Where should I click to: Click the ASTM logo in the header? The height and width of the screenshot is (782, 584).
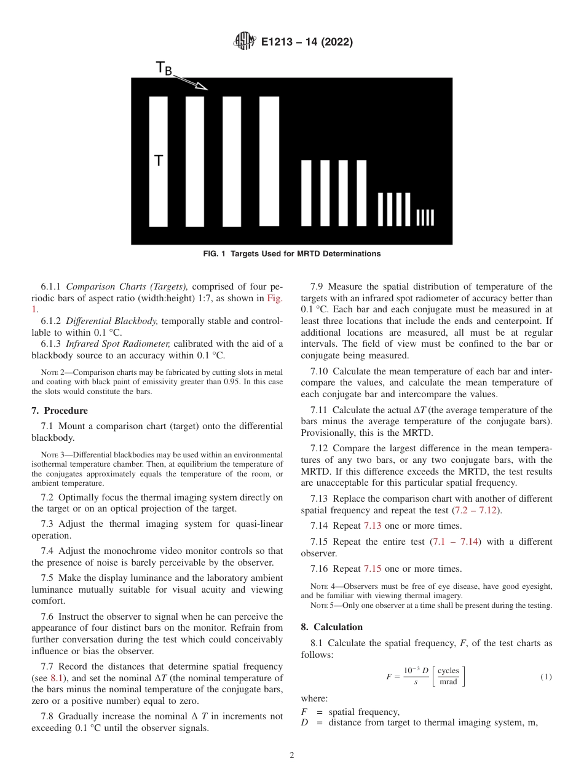tap(245, 42)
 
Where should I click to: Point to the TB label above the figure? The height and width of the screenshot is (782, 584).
tap(164, 68)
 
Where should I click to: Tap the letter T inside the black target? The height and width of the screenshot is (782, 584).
tap(159, 161)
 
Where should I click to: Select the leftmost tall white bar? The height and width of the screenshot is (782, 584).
tap(159, 162)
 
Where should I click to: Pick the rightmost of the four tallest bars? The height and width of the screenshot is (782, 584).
tap(269, 162)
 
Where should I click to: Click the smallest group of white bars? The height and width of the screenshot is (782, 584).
tap(425, 218)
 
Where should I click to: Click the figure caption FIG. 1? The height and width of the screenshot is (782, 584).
tap(291, 254)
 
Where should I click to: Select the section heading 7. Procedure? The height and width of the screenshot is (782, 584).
tap(60, 411)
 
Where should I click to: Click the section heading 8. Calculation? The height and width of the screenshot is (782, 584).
tap(331, 627)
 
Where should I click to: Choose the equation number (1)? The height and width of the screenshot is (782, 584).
tap(546, 677)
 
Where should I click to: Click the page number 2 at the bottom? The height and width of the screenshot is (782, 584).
tap(292, 756)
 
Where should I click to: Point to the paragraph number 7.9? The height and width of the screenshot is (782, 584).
tap(317, 286)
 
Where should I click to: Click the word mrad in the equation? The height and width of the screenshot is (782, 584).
tap(448, 682)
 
